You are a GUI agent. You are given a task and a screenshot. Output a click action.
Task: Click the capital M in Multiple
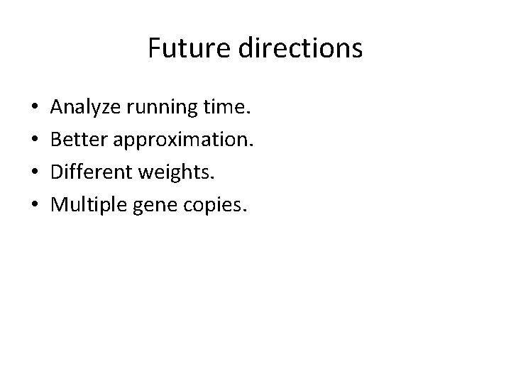pos(58,206)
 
